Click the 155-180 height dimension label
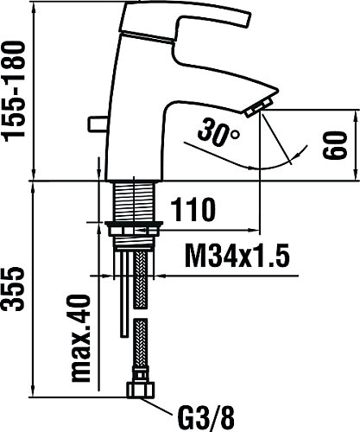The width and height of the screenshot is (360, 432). pos(14,92)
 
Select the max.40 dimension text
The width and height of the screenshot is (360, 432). pos(81,339)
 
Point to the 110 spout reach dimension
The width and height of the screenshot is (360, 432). pos(193,209)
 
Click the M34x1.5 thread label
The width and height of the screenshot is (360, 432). pos(237,256)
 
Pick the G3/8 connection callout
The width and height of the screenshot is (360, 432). pos(206,416)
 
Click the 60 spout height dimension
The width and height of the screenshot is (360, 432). pos(334,145)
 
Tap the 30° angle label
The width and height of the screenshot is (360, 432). pos(218,132)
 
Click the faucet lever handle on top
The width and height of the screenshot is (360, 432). pos(184,20)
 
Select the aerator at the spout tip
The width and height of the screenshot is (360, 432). pos(259,107)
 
